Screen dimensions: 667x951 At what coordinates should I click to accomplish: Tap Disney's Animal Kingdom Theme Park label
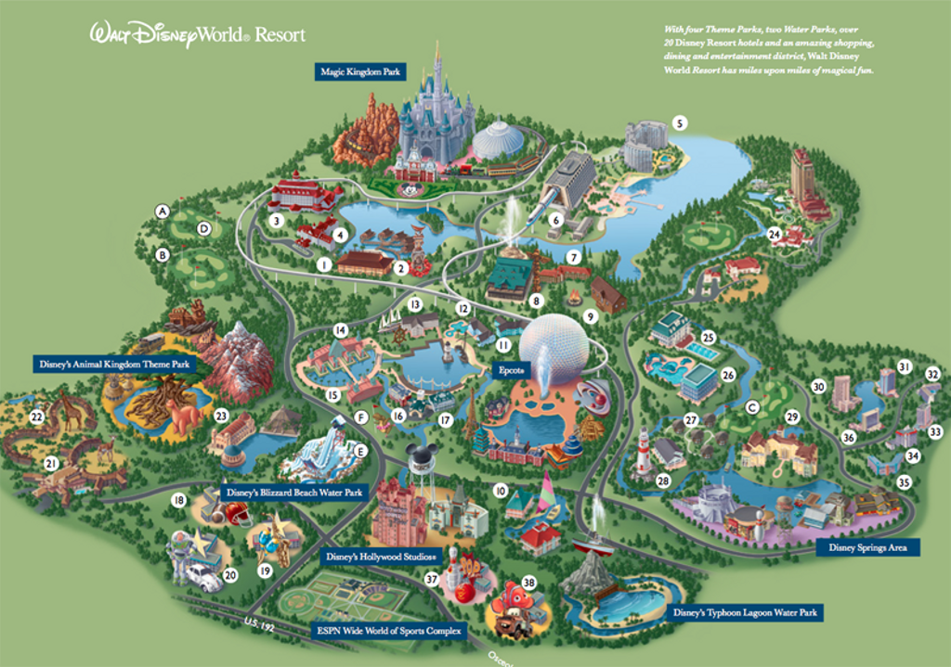click(114, 365)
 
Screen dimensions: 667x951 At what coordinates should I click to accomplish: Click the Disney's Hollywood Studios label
click(382, 557)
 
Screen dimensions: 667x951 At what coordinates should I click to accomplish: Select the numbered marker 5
click(680, 122)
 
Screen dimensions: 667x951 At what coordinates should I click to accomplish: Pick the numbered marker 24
click(774, 234)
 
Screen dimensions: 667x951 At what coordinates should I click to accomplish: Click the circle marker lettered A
click(163, 211)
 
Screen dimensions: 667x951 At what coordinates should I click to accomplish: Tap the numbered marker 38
click(528, 583)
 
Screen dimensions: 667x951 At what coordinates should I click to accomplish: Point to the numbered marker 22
click(36, 417)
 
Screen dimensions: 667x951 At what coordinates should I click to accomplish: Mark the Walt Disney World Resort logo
click(197, 35)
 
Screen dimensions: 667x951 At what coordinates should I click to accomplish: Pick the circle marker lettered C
click(752, 407)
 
